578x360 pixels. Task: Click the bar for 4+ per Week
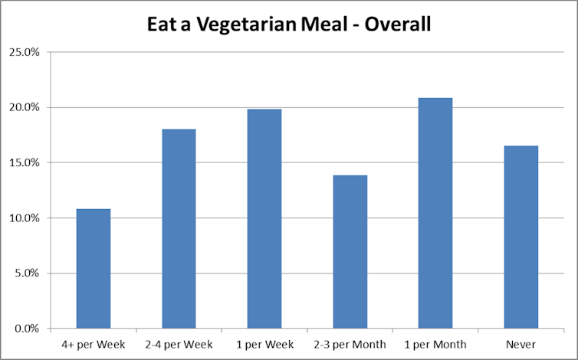pyautogui.click(x=93, y=269)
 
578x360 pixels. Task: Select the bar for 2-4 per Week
pyautogui.click(x=179, y=229)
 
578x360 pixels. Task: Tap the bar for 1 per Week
pyautogui.click(x=264, y=219)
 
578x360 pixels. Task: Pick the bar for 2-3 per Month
pyautogui.click(x=350, y=252)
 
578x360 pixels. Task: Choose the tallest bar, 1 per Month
pyautogui.click(x=435, y=214)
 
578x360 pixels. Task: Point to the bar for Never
pyautogui.click(x=521, y=237)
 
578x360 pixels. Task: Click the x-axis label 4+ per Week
pyautogui.click(x=93, y=345)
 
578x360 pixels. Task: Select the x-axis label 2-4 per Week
pyautogui.click(x=179, y=345)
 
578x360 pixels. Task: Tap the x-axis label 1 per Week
pyautogui.click(x=264, y=345)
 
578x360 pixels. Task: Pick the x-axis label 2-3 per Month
pyautogui.click(x=350, y=345)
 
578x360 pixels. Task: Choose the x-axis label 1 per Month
pyautogui.click(x=435, y=345)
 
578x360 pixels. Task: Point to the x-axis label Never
pyautogui.click(x=521, y=345)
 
